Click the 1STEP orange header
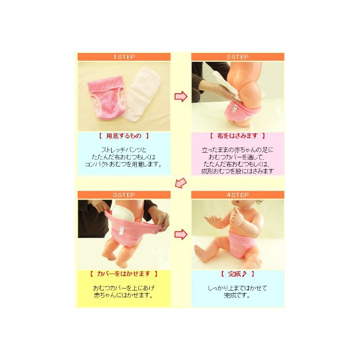[x=124, y=57]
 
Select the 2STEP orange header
[x=238, y=57]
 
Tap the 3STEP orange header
[x=124, y=195]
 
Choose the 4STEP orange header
[x=238, y=195]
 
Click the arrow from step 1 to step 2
[x=181, y=97]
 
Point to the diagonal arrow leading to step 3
[x=181, y=183]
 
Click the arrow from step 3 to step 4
[x=181, y=235]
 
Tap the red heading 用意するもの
[x=124, y=136]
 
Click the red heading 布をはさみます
[x=238, y=136]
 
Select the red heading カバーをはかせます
[x=123, y=274]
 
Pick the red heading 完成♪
[x=238, y=274]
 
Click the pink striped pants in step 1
[x=106, y=97]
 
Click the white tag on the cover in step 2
[x=235, y=109]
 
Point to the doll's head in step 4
[x=247, y=206]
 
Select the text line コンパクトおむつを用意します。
[x=124, y=165]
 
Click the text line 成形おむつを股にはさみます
[x=238, y=171]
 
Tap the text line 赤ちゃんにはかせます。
[x=124, y=295]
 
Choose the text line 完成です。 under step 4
[x=238, y=295]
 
